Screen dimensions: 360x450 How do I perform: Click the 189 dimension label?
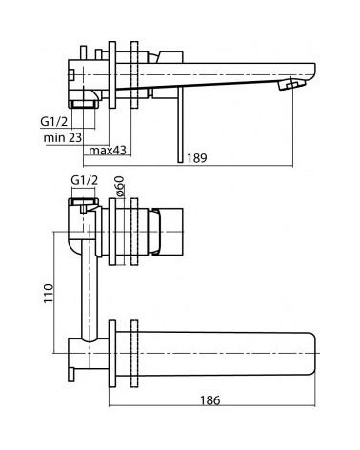(196, 158)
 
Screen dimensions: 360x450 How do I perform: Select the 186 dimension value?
(210, 399)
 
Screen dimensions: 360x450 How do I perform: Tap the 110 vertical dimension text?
(49, 294)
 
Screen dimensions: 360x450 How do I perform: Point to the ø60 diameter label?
(120, 187)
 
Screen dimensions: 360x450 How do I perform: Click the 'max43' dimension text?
(108, 150)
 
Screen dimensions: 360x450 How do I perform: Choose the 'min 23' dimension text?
(63, 137)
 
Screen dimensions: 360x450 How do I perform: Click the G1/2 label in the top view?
(54, 121)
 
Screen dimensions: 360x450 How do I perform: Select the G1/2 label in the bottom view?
(85, 180)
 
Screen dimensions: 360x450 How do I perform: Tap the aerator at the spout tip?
(291, 85)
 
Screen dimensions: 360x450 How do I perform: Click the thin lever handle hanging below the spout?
(180, 125)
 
